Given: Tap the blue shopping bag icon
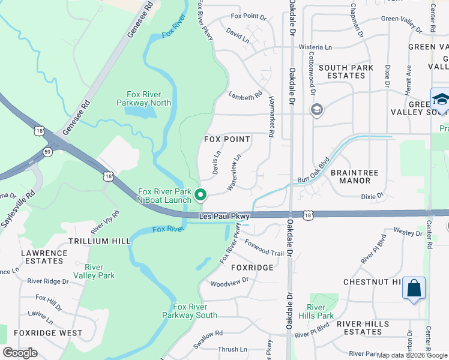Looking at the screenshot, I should click(x=414, y=288).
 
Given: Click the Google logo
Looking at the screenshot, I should click(x=20, y=353).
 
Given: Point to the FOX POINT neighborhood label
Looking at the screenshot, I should click(x=227, y=139).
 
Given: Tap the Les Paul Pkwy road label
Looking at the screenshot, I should click(x=224, y=215).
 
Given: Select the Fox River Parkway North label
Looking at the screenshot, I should click(x=144, y=98).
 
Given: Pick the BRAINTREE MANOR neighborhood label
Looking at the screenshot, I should click(x=354, y=176).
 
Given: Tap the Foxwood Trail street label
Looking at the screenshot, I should click(x=264, y=249).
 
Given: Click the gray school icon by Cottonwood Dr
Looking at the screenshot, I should click(x=316, y=109).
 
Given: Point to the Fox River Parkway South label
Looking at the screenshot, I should click(x=190, y=311).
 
